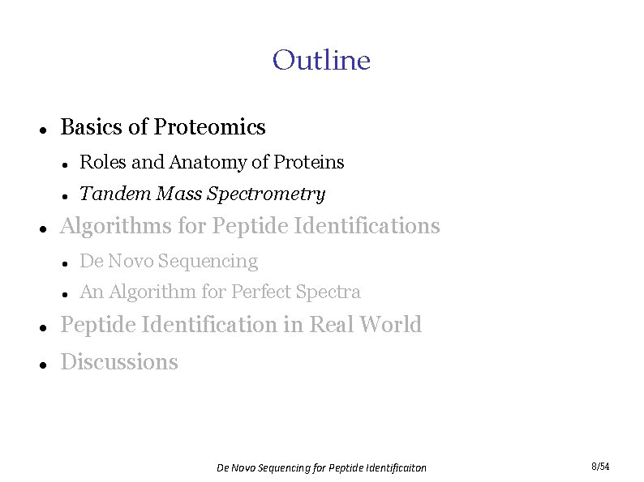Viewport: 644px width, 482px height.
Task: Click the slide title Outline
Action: click(321, 60)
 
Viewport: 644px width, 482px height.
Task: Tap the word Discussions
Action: click(119, 361)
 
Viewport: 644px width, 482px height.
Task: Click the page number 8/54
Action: click(600, 467)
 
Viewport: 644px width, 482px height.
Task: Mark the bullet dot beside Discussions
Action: click(41, 364)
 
